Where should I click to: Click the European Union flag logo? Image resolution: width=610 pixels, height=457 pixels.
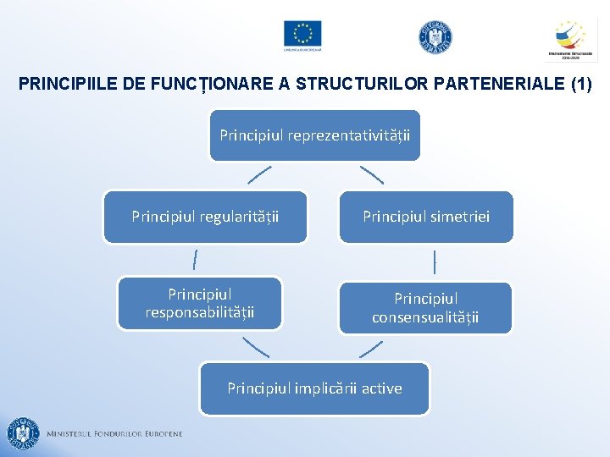click(302, 35)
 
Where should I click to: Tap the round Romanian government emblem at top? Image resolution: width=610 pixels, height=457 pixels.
click(435, 36)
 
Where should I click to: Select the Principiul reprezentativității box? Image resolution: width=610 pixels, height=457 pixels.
click(314, 135)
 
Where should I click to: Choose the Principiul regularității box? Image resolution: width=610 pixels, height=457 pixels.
click(205, 217)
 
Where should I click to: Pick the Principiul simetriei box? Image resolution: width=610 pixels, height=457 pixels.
click(426, 217)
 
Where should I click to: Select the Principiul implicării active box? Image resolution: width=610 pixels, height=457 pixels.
click(314, 388)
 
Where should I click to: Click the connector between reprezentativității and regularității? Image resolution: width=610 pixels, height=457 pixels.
click(260, 175)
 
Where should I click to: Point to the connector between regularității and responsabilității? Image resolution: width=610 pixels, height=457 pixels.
click(196, 259)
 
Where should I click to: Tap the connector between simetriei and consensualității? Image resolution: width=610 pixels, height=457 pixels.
click(434, 262)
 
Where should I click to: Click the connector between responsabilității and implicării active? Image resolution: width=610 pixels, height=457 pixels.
click(256, 346)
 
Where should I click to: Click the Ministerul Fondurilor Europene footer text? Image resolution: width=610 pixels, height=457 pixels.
click(114, 434)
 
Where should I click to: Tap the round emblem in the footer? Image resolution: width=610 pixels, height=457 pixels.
click(23, 433)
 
